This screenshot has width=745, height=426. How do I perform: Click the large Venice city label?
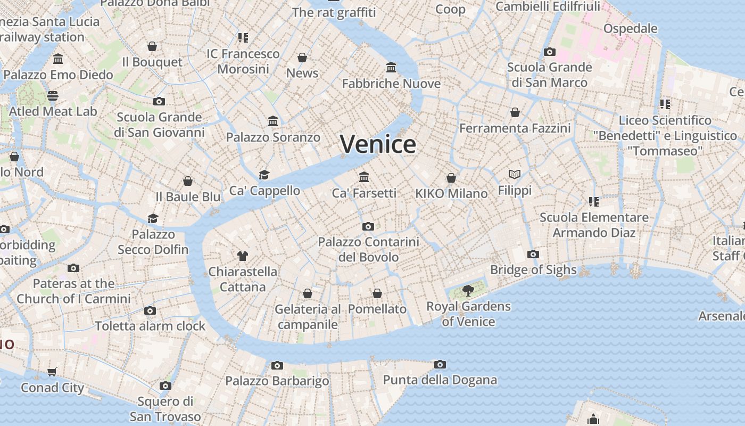click(378, 144)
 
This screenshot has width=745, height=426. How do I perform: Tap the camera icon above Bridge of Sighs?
click(533, 255)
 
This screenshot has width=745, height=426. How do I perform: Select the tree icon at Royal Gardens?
click(468, 291)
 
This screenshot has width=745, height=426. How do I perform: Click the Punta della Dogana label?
click(440, 380)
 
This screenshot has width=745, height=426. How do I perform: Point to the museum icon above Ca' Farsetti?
click(364, 177)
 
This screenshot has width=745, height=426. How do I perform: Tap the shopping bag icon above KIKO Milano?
click(451, 178)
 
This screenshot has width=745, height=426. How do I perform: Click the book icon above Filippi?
click(514, 174)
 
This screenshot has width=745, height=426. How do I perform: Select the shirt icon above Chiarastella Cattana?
click(243, 256)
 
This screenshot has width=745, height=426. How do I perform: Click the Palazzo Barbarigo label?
click(277, 381)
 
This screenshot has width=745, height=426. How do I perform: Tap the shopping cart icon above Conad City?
click(52, 372)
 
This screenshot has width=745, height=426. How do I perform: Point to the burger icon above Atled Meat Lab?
click(53, 96)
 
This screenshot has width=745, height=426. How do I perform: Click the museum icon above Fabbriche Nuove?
click(391, 68)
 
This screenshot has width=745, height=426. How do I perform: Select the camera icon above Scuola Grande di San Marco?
click(549, 52)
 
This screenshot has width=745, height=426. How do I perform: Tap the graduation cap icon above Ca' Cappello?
click(264, 175)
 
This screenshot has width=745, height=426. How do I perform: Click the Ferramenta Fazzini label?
click(515, 128)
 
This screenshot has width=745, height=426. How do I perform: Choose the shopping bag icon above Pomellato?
click(377, 293)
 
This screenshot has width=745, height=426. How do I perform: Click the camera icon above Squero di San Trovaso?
click(165, 386)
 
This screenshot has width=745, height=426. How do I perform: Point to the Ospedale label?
click(630, 28)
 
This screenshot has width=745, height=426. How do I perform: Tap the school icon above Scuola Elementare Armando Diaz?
click(594, 202)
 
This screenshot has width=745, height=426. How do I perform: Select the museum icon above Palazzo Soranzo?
click(273, 121)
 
